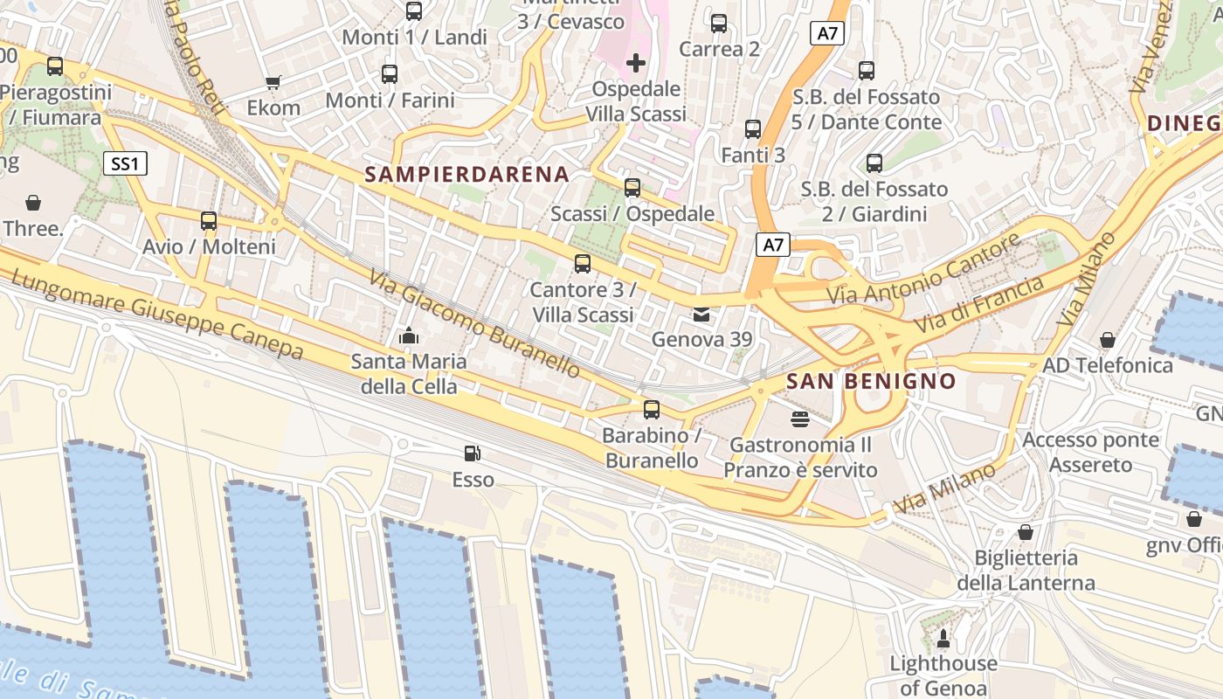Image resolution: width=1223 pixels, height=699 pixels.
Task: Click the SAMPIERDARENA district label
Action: [466, 174]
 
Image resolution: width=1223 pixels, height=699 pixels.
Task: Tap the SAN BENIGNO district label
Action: [871, 381]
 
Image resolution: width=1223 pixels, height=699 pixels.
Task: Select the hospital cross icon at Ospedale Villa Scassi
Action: [636, 63]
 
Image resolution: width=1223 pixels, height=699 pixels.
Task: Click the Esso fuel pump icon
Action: [472, 453]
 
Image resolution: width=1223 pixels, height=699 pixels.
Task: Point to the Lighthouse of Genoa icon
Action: [943, 639]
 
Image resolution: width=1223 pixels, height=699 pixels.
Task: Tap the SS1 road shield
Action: [126, 163]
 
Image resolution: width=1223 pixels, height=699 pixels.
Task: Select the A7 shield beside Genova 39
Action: [772, 245]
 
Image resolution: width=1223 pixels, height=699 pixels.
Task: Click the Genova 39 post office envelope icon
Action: [701, 314]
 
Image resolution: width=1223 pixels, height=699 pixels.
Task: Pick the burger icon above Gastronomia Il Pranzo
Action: [799, 419]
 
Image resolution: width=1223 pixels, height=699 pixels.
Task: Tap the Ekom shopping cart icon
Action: [273, 82]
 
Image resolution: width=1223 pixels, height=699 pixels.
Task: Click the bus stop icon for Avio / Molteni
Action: [209, 221]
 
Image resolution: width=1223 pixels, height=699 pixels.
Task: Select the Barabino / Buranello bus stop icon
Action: [651, 410]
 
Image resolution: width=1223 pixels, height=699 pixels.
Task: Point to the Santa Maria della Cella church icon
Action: [408, 336]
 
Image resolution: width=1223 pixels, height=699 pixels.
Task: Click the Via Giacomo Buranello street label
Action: [473, 324]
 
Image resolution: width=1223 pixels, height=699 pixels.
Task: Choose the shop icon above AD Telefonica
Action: [1107, 339]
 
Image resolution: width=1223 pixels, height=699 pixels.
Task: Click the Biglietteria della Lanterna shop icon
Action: [1026, 532]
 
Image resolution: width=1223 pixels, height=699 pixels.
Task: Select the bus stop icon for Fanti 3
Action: [753, 129]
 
